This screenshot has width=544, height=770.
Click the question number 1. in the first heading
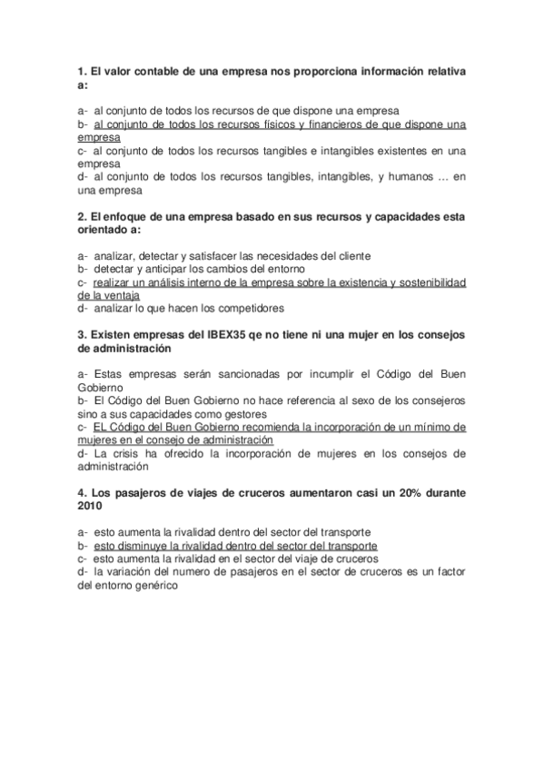tap(82, 71)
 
